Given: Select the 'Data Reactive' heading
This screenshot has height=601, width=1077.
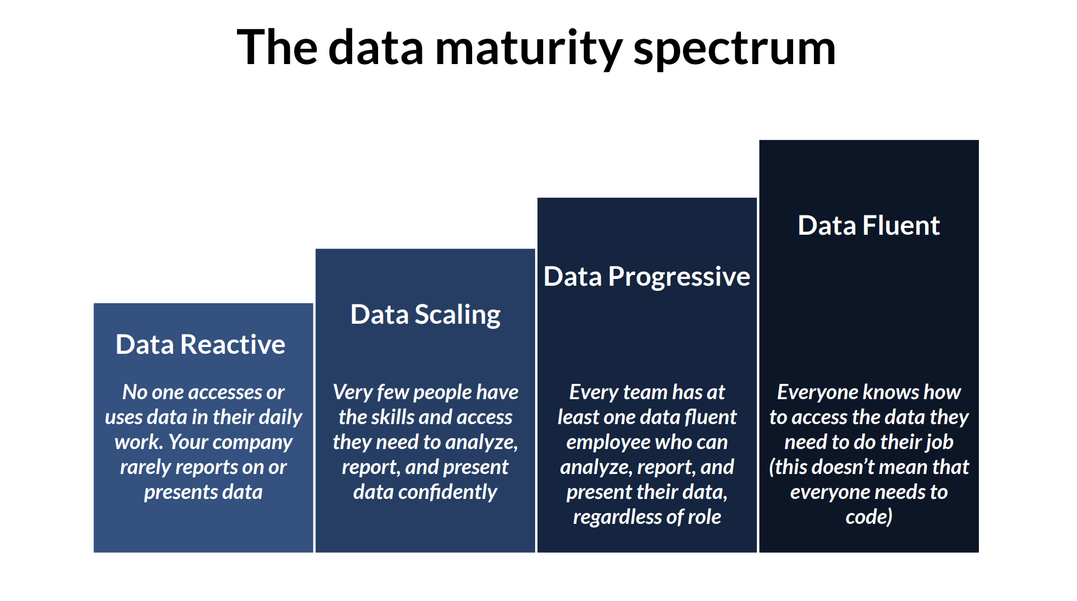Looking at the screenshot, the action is (201, 344).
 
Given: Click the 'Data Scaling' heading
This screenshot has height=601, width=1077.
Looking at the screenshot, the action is (425, 315).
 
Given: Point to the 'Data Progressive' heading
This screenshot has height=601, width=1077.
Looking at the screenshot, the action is (647, 277).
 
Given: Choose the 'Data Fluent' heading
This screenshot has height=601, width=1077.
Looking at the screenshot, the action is (869, 225).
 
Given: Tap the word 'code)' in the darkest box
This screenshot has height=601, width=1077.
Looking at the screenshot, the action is (869, 517).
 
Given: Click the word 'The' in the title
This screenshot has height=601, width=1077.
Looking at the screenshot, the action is (277, 48).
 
